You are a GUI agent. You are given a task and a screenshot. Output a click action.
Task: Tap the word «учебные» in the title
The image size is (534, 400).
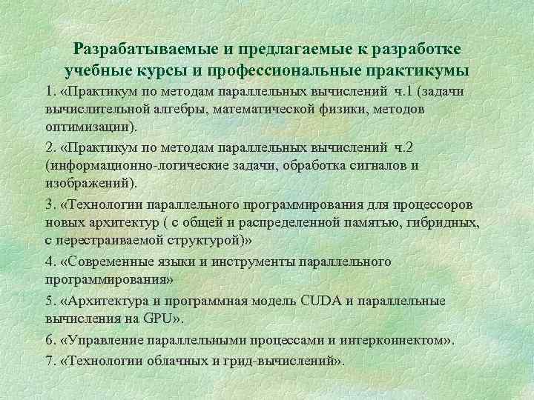point(94,71)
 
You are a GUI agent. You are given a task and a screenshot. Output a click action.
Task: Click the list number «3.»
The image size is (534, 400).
point(50,205)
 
